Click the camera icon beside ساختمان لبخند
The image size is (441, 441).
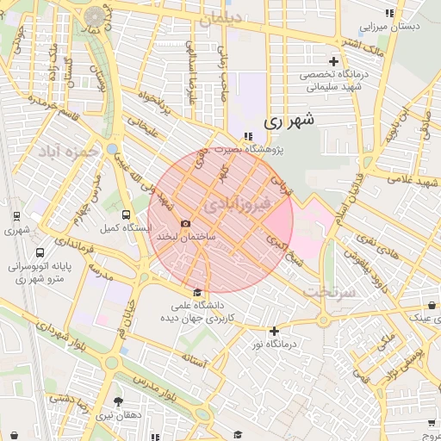186,223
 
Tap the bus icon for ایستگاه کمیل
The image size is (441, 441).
127,214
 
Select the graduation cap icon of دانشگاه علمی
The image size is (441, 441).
197,292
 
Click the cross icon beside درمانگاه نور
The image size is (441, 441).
274,331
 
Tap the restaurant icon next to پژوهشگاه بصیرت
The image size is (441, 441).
248,136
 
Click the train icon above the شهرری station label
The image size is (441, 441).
16,216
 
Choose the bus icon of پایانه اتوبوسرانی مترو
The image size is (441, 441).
41,253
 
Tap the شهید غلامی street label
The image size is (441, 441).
409,177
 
